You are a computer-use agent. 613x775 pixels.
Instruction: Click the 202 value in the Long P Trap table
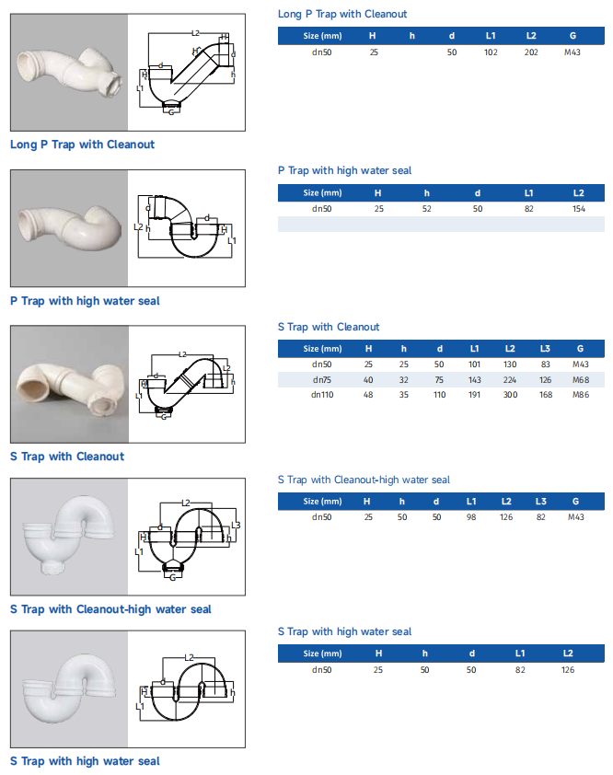tap(531, 52)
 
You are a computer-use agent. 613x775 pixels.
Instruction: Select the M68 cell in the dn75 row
tap(581, 379)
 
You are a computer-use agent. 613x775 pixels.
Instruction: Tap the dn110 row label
tap(322, 395)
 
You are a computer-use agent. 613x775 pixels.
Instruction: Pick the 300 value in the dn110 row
tap(510, 395)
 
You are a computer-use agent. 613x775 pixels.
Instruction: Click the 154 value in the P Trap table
tap(579, 209)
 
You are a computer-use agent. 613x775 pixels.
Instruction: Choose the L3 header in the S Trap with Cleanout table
tap(545, 349)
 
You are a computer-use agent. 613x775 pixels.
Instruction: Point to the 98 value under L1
tap(471, 517)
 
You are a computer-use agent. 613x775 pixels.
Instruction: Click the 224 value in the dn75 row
tap(510, 379)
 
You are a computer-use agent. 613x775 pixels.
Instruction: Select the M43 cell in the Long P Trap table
tap(573, 52)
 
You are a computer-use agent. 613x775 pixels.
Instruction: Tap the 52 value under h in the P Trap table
tap(427, 209)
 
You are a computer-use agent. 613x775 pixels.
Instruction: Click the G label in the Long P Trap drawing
tap(171, 112)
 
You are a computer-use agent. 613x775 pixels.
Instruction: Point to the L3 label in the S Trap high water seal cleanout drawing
tap(236, 525)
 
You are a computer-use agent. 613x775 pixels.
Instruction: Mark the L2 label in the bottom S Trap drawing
tap(189, 657)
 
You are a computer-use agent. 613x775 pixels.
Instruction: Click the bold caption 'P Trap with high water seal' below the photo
tap(85, 301)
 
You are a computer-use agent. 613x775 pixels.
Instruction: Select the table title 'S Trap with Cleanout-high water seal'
tap(364, 480)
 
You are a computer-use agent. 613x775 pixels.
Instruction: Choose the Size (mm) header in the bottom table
tap(322, 654)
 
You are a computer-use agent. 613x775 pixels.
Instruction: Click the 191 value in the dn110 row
tap(475, 395)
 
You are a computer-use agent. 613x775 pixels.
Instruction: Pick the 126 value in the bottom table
tap(568, 670)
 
